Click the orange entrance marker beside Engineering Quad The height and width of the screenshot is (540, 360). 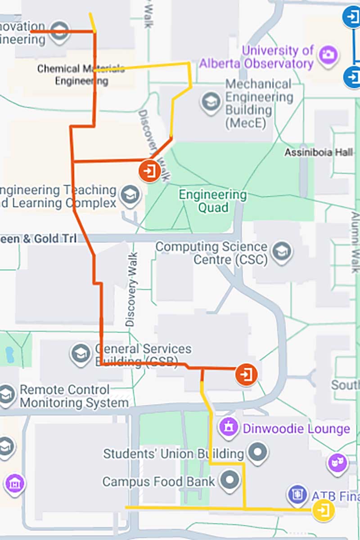click(149, 171)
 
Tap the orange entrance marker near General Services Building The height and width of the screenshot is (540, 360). click(247, 374)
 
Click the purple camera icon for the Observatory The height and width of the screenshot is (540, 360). click(328, 55)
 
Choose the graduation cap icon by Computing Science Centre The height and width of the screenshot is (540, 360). click(282, 253)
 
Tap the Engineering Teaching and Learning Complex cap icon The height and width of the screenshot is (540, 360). click(130, 196)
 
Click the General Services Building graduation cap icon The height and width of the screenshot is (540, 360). click(81, 354)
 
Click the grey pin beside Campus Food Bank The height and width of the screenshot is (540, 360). click(231, 480)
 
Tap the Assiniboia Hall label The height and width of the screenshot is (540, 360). click(319, 152)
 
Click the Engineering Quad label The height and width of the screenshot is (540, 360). click(212, 201)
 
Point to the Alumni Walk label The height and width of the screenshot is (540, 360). click(355, 243)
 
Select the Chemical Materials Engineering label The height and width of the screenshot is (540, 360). click(81, 75)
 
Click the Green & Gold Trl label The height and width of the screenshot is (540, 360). click(38, 238)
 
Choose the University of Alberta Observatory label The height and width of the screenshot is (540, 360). click(256, 57)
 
